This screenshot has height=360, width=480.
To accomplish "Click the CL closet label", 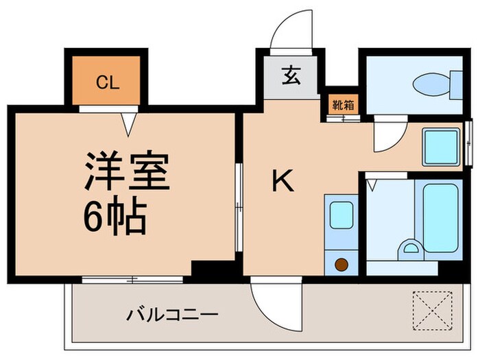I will coord(107,84).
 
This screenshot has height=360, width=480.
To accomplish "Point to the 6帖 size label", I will coord(115,218).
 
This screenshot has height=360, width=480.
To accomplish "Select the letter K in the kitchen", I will coord(283,182).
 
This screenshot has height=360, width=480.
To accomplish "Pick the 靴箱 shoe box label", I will coord(339,105).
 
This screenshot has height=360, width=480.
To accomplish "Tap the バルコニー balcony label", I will coord(172,316).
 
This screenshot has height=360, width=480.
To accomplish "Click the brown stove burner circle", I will coord(341,263).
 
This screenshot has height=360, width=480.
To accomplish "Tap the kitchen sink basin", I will coord(341,215).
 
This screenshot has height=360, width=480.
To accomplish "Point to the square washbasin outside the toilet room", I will coord(440,145).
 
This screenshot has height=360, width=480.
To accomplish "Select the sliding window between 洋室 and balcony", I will coord(132,279).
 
